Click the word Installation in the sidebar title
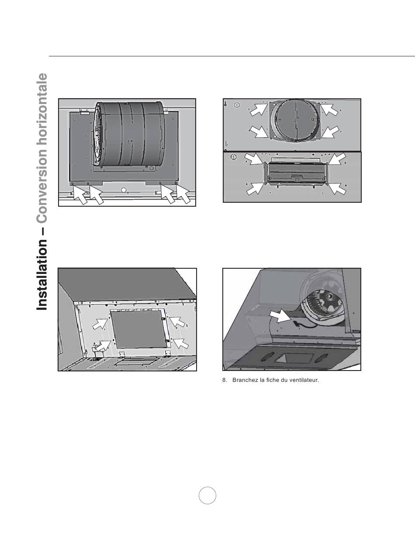click(x=41, y=274)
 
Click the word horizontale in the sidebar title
click(x=41, y=110)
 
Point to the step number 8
click(x=224, y=380)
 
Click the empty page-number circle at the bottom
click(x=207, y=495)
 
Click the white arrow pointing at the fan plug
click(x=280, y=317)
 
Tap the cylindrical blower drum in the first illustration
click(x=129, y=134)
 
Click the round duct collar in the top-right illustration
click(x=295, y=120)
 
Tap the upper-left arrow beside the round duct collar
click(x=259, y=109)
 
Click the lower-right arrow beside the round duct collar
click(x=330, y=132)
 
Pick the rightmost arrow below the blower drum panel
click(x=183, y=194)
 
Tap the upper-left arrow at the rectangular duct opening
click(x=254, y=159)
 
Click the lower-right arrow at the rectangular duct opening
click(x=337, y=189)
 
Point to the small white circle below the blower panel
click(x=124, y=190)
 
